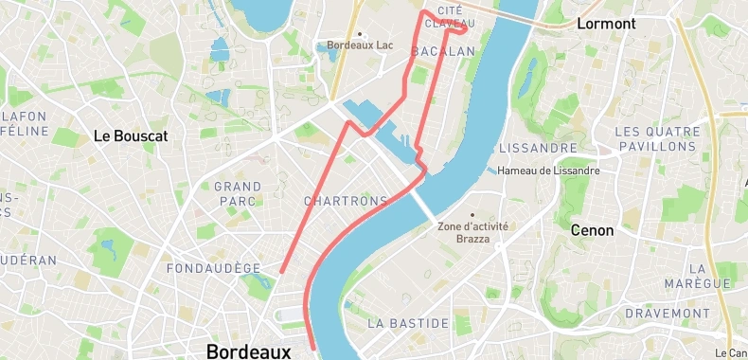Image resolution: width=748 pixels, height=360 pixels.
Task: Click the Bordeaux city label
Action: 249,351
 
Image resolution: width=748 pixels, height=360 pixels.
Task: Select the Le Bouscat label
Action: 131,135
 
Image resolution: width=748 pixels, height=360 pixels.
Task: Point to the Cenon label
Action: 593,230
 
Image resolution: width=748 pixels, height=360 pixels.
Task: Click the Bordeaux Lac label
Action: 360,45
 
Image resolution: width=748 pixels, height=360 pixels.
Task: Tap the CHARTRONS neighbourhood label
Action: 347,201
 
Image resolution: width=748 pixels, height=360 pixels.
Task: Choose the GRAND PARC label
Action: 238,193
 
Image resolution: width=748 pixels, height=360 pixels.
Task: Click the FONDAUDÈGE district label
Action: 213,268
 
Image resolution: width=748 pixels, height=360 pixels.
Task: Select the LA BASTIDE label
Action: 408,323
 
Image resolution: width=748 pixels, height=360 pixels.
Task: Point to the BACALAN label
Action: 443,51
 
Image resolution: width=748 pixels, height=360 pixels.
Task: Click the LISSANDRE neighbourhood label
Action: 538,149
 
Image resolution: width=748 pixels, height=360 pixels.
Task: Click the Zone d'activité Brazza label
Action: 473,232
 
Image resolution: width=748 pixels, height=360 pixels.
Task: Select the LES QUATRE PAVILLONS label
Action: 658,139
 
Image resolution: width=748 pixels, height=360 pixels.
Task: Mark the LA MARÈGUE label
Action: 710,276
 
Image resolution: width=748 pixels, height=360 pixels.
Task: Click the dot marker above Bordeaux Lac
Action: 360,33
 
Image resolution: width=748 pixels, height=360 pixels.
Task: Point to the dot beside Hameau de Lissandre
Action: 491,171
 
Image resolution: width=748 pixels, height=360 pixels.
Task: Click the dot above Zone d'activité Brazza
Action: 473,214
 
